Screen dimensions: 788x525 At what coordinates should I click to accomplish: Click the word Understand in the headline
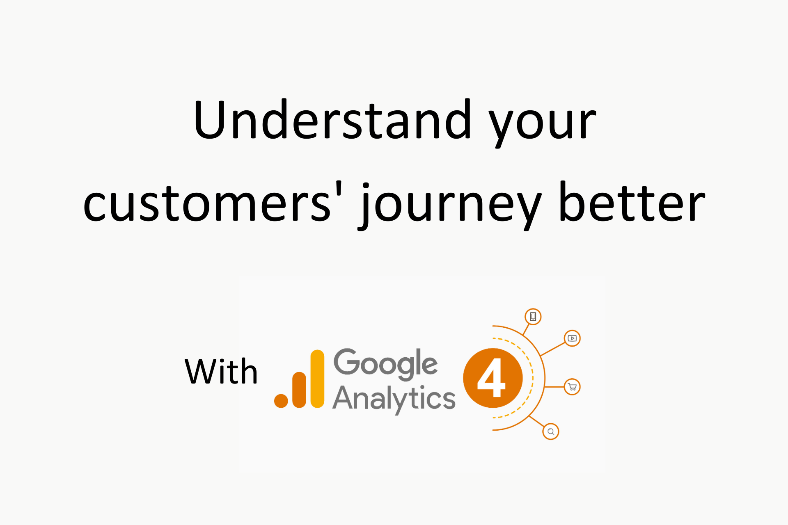click(332, 120)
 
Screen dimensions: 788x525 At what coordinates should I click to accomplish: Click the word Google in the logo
click(385, 364)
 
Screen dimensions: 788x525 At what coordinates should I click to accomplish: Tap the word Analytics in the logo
click(394, 399)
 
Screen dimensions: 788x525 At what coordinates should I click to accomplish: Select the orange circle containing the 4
click(493, 378)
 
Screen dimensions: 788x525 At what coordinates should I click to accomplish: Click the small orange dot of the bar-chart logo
click(281, 401)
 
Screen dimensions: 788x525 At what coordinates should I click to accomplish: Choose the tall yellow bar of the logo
click(317, 379)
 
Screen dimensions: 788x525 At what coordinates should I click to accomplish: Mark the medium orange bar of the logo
click(299, 390)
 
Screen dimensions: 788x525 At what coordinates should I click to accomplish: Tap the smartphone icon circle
click(533, 317)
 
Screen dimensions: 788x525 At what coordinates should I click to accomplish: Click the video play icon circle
click(572, 338)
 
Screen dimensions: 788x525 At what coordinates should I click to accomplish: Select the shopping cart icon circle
click(572, 387)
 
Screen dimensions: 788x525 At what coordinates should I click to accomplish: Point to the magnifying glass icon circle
click(551, 431)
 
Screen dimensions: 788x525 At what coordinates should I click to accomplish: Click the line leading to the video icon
click(553, 349)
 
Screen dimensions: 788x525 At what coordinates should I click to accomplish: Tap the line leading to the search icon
click(536, 421)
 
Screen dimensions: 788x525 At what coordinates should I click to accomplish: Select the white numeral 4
click(491, 377)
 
